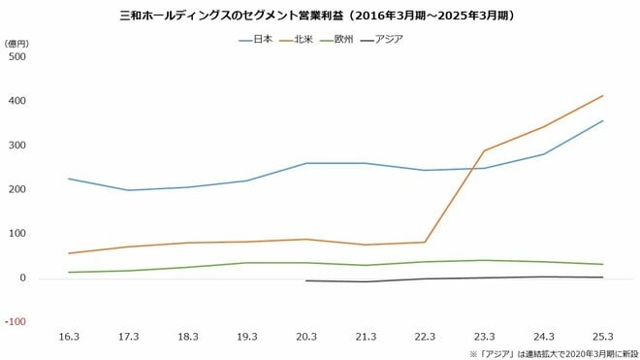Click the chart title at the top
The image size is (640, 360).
point(320,16)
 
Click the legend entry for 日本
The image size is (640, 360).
point(257,39)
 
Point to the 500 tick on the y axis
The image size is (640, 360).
point(17,56)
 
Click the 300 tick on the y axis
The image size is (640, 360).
point(17,146)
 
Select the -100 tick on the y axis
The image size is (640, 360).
point(16,322)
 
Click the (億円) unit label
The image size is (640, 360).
point(16,44)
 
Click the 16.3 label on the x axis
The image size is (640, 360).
point(69,336)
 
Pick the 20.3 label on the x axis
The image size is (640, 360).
point(306,336)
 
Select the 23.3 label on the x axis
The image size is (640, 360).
point(484,336)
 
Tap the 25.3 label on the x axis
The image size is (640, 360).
point(603,336)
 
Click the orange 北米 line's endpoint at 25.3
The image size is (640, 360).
point(603,95)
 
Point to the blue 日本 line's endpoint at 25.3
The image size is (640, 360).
point(603,120)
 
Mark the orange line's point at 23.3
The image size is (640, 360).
point(484,150)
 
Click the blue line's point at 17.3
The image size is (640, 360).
point(128,190)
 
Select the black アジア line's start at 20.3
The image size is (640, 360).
point(306,280)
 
